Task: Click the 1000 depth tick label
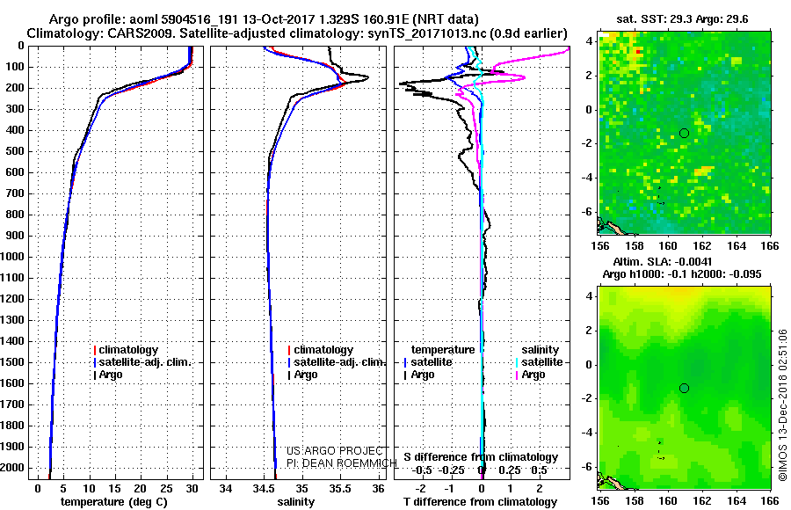point(13,257)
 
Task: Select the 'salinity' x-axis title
point(294,501)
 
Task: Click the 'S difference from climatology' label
point(480,457)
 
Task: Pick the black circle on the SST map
point(684,133)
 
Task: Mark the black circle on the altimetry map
point(684,388)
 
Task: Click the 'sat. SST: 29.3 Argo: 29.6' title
point(685,17)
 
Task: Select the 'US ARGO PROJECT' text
point(330,450)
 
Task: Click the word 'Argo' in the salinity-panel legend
point(307,375)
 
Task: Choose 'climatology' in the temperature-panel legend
point(131,350)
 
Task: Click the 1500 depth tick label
point(13,362)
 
